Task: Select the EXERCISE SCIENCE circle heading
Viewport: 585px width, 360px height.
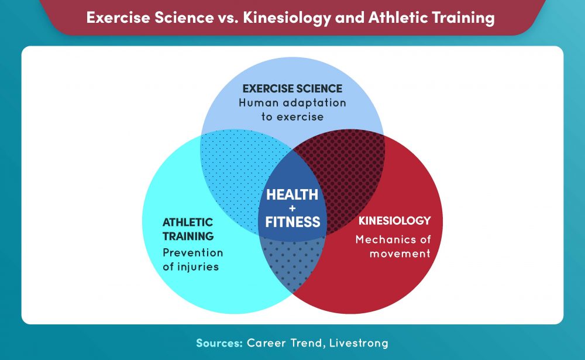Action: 292,89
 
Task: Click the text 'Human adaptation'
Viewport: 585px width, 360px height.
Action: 292,103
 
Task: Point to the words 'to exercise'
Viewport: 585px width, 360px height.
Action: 292,116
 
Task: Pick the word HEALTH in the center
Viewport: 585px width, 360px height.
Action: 292,194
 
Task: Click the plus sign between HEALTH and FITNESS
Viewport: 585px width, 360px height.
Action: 292,208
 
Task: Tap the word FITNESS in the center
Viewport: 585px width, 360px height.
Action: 292,222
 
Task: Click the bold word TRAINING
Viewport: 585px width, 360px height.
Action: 188,236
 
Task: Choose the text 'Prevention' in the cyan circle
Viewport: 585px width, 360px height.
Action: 192,253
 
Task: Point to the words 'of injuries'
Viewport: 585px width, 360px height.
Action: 191,268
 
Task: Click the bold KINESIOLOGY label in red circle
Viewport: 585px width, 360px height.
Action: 394,221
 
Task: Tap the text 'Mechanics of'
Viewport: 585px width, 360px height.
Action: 393,239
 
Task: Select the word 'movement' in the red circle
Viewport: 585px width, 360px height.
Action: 393,253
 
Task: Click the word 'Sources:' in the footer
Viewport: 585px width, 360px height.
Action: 219,342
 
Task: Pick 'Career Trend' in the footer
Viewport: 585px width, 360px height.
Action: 283,342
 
